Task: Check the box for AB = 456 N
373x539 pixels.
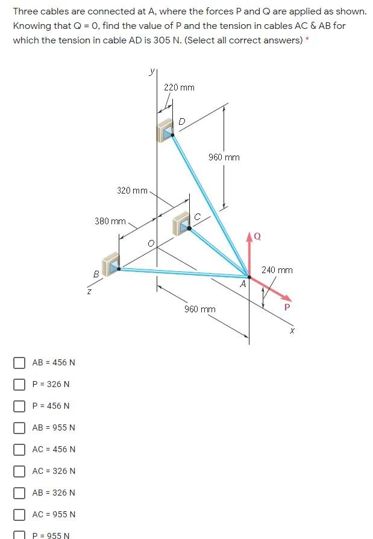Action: tap(20, 362)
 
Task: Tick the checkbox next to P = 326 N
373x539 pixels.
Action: tap(20, 384)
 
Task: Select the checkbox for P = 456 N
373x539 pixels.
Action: tap(20, 406)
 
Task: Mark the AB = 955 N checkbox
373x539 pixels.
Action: tap(20, 427)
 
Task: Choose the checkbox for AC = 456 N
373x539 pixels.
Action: tap(20, 449)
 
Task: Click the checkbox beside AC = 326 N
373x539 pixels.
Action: tap(20, 471)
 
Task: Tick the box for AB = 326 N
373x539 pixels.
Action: tap(20, 493)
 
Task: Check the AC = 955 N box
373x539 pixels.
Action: tap(20, 514)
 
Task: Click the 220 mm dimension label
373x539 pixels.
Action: tap(179, 87)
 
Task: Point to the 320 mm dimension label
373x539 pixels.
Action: tap(132, 191)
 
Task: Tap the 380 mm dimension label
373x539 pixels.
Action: tap(110, 221)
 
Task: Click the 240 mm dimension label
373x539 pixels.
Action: tap(277, 270)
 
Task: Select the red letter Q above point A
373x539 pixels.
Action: tap(257, 236)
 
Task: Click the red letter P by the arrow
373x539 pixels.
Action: tap(287, 307)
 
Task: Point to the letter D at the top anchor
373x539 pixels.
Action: tap(182, 122)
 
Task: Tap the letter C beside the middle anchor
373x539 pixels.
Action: tap(197, 216)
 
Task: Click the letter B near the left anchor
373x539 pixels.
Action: tap(96, 274)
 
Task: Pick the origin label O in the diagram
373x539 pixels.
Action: tap(151, 243)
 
